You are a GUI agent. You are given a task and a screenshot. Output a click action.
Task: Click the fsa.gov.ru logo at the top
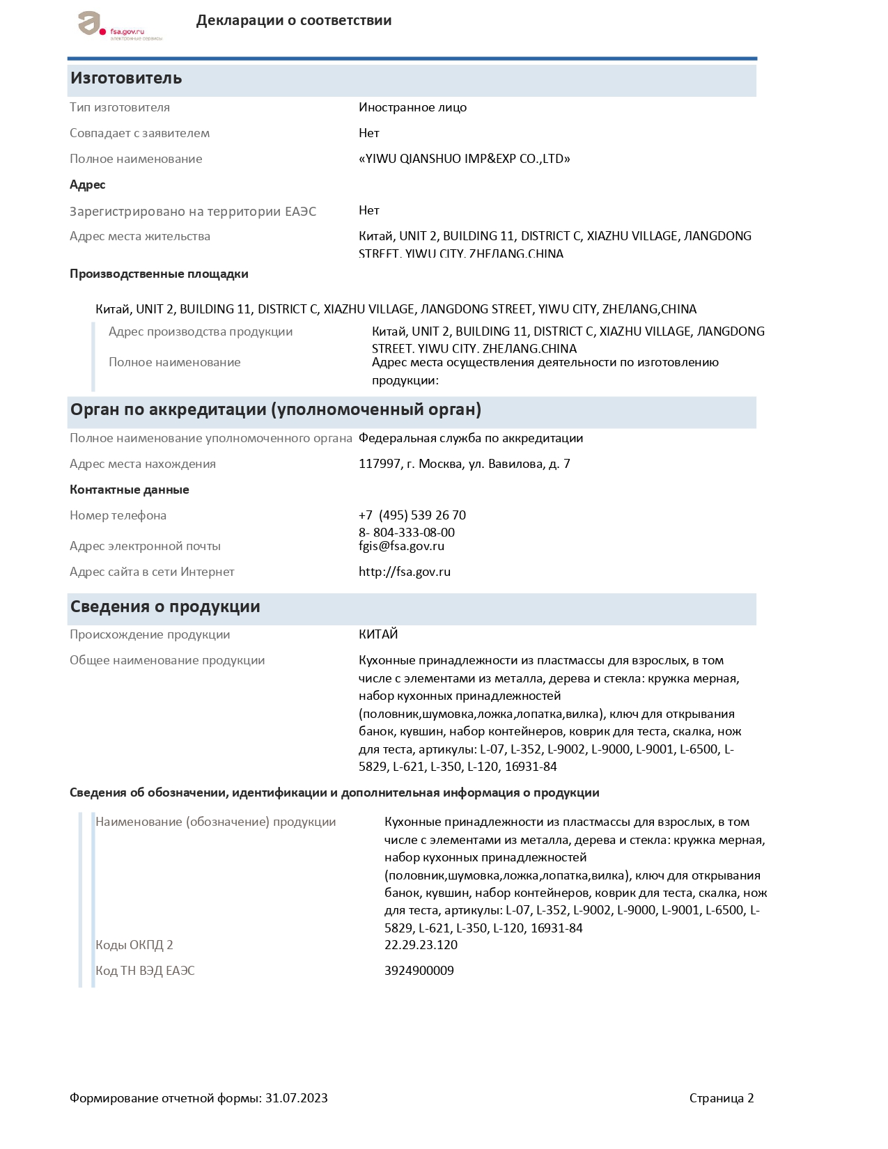119,26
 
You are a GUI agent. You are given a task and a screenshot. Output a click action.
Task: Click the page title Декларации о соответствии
293,20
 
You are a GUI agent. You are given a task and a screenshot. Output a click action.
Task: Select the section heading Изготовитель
126,78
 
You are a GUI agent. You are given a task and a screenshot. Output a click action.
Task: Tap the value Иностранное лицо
412,107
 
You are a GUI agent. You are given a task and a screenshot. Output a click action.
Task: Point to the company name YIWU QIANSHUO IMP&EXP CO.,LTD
464,159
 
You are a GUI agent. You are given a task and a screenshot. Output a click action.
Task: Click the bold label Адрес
88,185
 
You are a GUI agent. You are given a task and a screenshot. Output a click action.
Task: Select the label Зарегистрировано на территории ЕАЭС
193,211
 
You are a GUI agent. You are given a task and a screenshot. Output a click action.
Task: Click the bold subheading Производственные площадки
159,274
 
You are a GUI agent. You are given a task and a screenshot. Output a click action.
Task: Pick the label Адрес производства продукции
201,331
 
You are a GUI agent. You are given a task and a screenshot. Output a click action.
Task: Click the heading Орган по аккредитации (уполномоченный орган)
276,409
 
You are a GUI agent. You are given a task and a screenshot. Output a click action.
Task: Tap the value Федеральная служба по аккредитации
471,438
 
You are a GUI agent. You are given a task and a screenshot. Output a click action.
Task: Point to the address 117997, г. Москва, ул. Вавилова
464,464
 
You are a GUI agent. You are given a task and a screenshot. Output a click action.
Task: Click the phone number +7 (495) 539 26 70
412,515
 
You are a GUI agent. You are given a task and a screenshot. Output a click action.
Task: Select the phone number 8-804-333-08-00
407,532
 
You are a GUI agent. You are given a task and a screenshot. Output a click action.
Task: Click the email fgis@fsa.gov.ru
401,546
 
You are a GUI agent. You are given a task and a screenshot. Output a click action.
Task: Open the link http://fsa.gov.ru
405,572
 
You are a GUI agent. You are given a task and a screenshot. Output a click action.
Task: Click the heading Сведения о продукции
165,607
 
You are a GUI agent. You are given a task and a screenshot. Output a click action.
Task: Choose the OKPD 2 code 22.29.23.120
421,945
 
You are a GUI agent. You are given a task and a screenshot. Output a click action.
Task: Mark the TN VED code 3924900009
419,971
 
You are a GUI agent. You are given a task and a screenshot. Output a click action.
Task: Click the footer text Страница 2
721,1098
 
